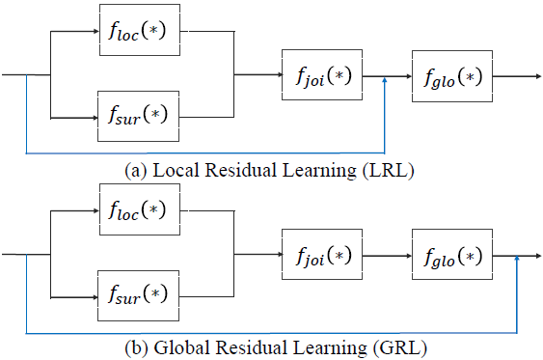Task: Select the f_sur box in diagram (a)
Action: click(x=137, y=117)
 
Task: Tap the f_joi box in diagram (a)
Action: click(x=320, y=73)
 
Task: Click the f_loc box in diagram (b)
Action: click(x=137, y=209)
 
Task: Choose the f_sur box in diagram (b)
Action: click(x=137, y=296)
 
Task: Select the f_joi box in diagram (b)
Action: click(x=320, y=255)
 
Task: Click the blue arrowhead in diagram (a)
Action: click(x=386, y=81)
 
